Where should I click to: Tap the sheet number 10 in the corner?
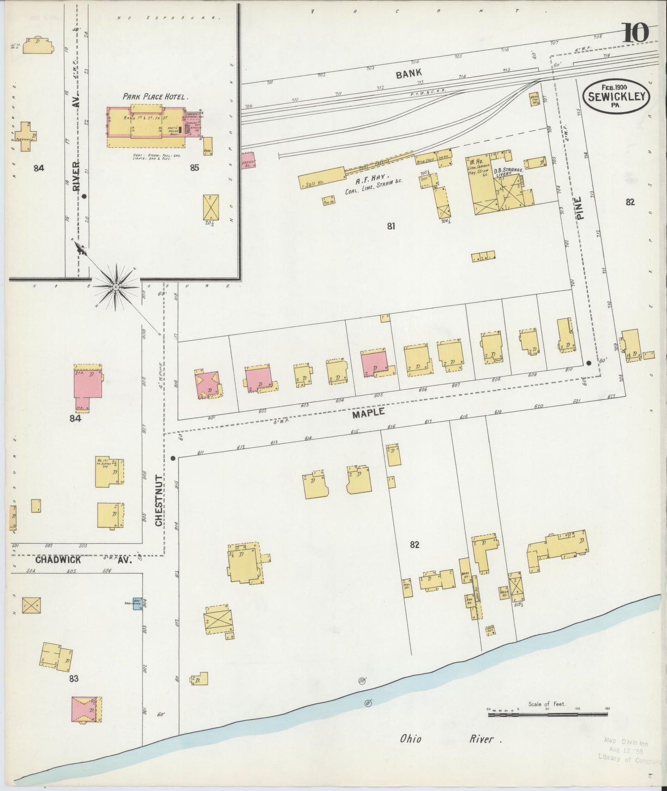coord(637,33)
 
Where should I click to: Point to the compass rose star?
coord(115,287)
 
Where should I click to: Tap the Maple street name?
coord(368,413)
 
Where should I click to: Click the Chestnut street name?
coord(159,500)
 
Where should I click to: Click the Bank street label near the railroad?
coord(408,73)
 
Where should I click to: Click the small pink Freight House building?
coord(248,160)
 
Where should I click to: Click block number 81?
coord(391,226)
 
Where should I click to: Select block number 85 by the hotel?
coord(194,168)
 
